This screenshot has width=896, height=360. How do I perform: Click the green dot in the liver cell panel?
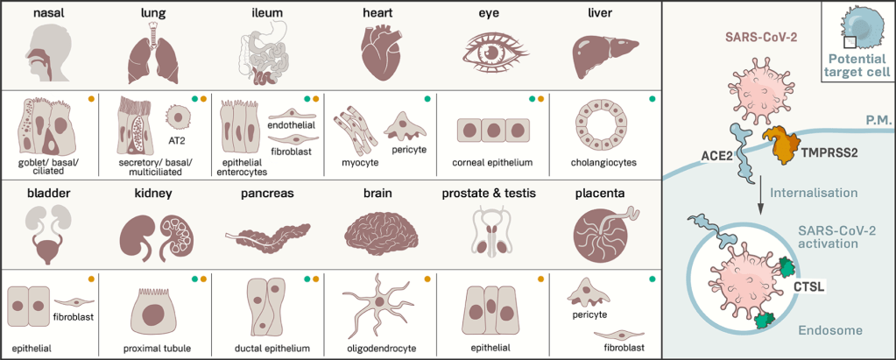653,98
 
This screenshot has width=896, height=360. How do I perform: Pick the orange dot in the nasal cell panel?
90,98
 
